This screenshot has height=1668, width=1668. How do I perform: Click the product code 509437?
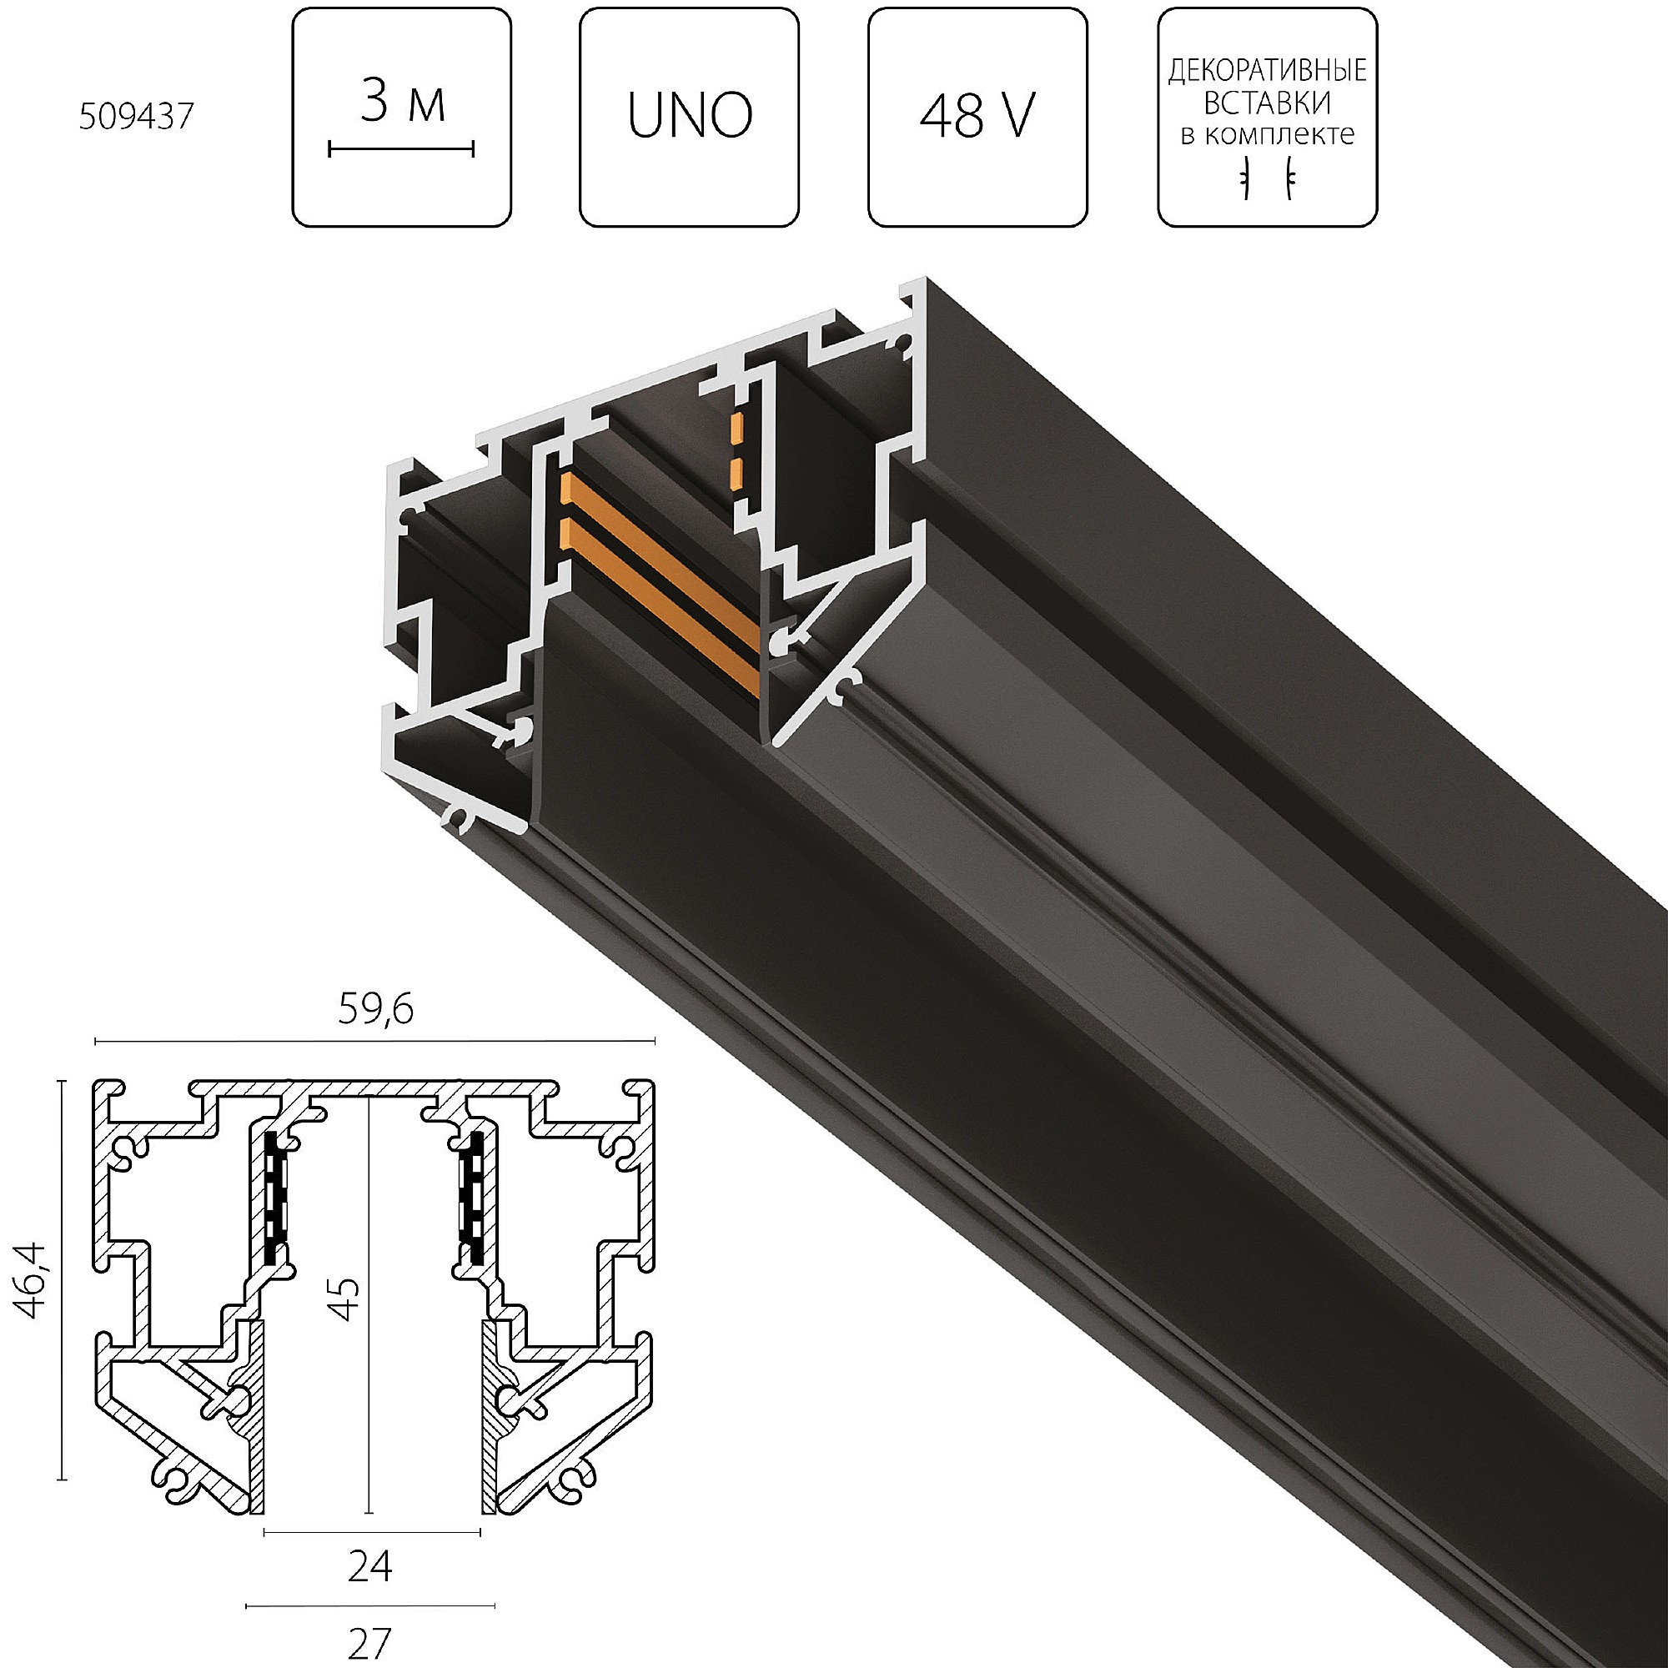(x=137, y=118)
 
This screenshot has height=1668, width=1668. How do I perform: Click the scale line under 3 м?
(x=401, y=150)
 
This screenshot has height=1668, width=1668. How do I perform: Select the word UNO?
(x=689, y=118)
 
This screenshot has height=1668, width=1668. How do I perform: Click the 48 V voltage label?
(x=977, y=117)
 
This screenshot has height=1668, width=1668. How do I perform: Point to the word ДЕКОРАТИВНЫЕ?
(x=1267, y=71)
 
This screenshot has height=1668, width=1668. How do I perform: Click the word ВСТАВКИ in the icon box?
(x=1267, y=103)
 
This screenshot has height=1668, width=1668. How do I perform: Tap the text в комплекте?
(x=1267, y=134)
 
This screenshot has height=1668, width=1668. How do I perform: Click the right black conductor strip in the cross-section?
(x=472, y=1196)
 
